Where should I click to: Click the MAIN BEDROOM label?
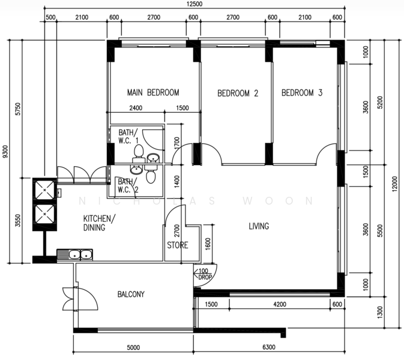pos(153,92)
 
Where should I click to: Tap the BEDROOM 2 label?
pos(238,93)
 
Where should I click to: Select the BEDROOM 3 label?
pos(302,93)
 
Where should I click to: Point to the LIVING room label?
pos(259,226)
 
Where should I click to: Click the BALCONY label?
pos(131,294)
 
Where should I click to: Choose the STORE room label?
pos(178,245)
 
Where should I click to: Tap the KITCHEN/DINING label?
pos(100,223)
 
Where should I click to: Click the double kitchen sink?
pos(74,254)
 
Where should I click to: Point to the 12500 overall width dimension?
pos(194,4)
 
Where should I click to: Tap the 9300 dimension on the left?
pos(5,152)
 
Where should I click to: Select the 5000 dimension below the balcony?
pos(133,347)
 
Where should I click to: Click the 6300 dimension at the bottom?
pos(269,347)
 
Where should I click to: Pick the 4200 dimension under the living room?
pos(280,304)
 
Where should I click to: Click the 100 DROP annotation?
pos(205,274)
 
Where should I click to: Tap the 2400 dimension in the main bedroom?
pos(136,108)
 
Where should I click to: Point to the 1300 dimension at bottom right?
pos(380,312)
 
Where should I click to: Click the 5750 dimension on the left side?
pos(17,109)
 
